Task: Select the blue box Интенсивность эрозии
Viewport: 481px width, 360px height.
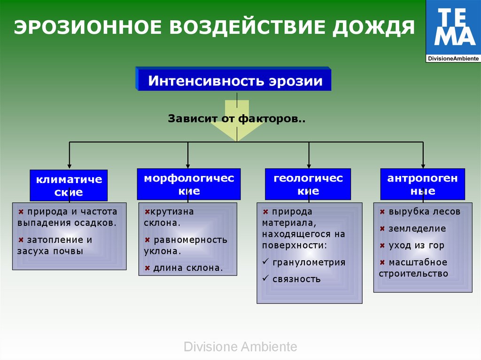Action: [x=235, y=81]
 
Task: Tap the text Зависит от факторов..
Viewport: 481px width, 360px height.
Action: [x=237, y=119]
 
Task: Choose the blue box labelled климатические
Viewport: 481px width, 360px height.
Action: [x=69, y=185]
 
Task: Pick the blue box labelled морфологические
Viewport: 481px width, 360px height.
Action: [x=189, y=184]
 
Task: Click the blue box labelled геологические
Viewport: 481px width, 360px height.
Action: [x=308, y=184]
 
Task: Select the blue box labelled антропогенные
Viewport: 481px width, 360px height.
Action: [x=422, y=184]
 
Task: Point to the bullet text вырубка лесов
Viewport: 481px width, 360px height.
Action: [x=424, y=212]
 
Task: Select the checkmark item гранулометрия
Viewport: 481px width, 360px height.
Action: [x=309, y=262]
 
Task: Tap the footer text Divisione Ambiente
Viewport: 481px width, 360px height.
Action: [x=240, y=347]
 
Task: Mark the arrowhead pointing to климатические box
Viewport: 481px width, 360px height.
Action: [x=70, y=166]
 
